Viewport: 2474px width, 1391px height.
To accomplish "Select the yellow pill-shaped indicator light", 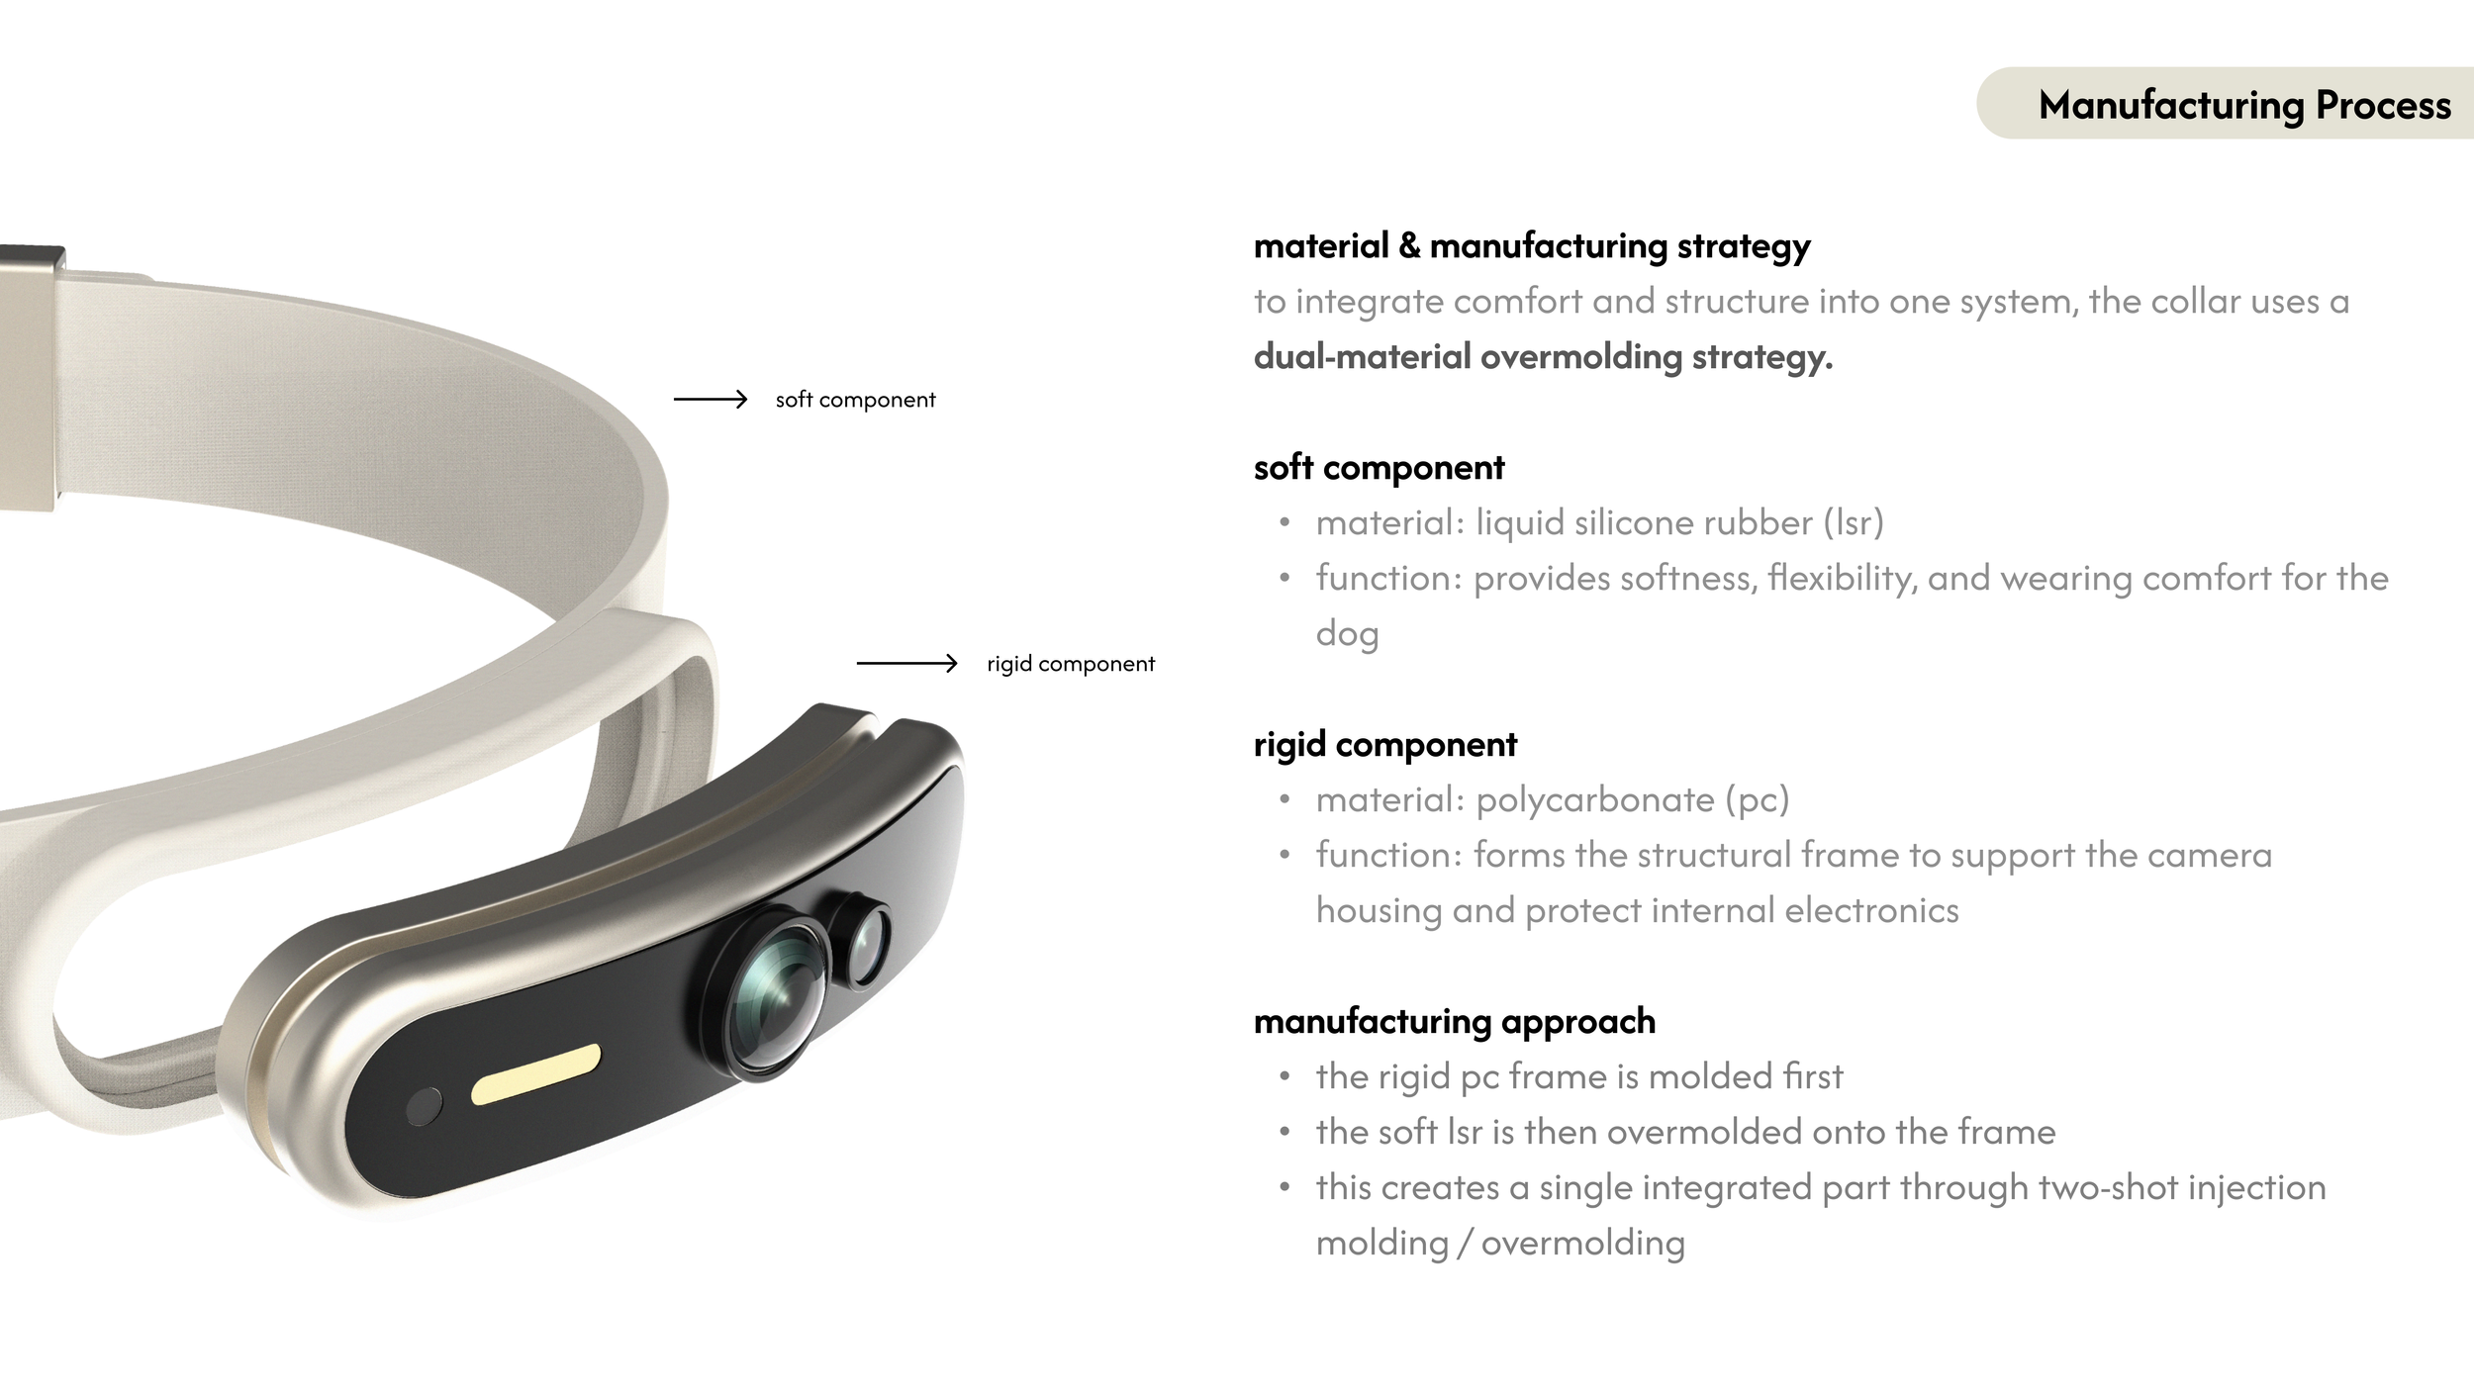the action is click(535, 1073).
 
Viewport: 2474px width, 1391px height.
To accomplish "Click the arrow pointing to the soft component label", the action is click(710, 399).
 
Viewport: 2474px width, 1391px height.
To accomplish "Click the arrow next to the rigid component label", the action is click(906, 663).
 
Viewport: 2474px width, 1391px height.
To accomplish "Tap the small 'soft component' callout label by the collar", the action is click(855, 400).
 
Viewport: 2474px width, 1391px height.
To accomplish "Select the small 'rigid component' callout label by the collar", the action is click(1070, 664).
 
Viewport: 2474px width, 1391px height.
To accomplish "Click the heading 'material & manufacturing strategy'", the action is click(1531, 245).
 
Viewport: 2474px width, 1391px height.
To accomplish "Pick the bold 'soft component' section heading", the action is click(1379, 467).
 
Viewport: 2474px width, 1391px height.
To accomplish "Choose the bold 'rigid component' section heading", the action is click(1384, 744).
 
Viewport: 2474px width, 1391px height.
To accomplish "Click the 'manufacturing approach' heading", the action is click(1454, 1021).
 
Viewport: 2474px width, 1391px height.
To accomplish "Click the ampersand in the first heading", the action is click(1409, 245).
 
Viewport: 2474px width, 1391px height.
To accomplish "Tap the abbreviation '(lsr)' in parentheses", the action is click(1854, 522).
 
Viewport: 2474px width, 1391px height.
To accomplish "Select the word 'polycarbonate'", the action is click(1594, 799).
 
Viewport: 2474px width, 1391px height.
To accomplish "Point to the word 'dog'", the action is click(1347, 634).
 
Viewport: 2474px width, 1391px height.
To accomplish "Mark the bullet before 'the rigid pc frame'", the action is click(1285, 1076).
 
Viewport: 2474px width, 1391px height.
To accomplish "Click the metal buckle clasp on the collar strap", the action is click(30, 376).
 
